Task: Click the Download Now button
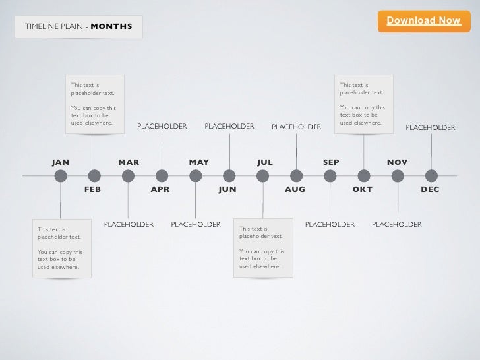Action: [423, 21]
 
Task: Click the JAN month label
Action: [61, 162]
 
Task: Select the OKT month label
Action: [362, 189]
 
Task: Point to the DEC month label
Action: [430, 189]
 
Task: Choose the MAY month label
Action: [198, 162]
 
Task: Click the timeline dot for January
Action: [61, 175]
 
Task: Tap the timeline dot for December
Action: [431, 175]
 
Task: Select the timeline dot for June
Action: [229, 175]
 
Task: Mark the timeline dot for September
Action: [330, 175]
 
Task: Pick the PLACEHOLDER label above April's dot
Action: [162, 126]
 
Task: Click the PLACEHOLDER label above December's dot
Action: [430, 127]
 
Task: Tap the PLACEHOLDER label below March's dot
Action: [129, 225]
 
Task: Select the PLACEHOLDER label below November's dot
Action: [396, 225]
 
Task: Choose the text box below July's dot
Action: [263, 248]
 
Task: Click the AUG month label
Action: [295, 189]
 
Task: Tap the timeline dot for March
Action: [128, 175]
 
